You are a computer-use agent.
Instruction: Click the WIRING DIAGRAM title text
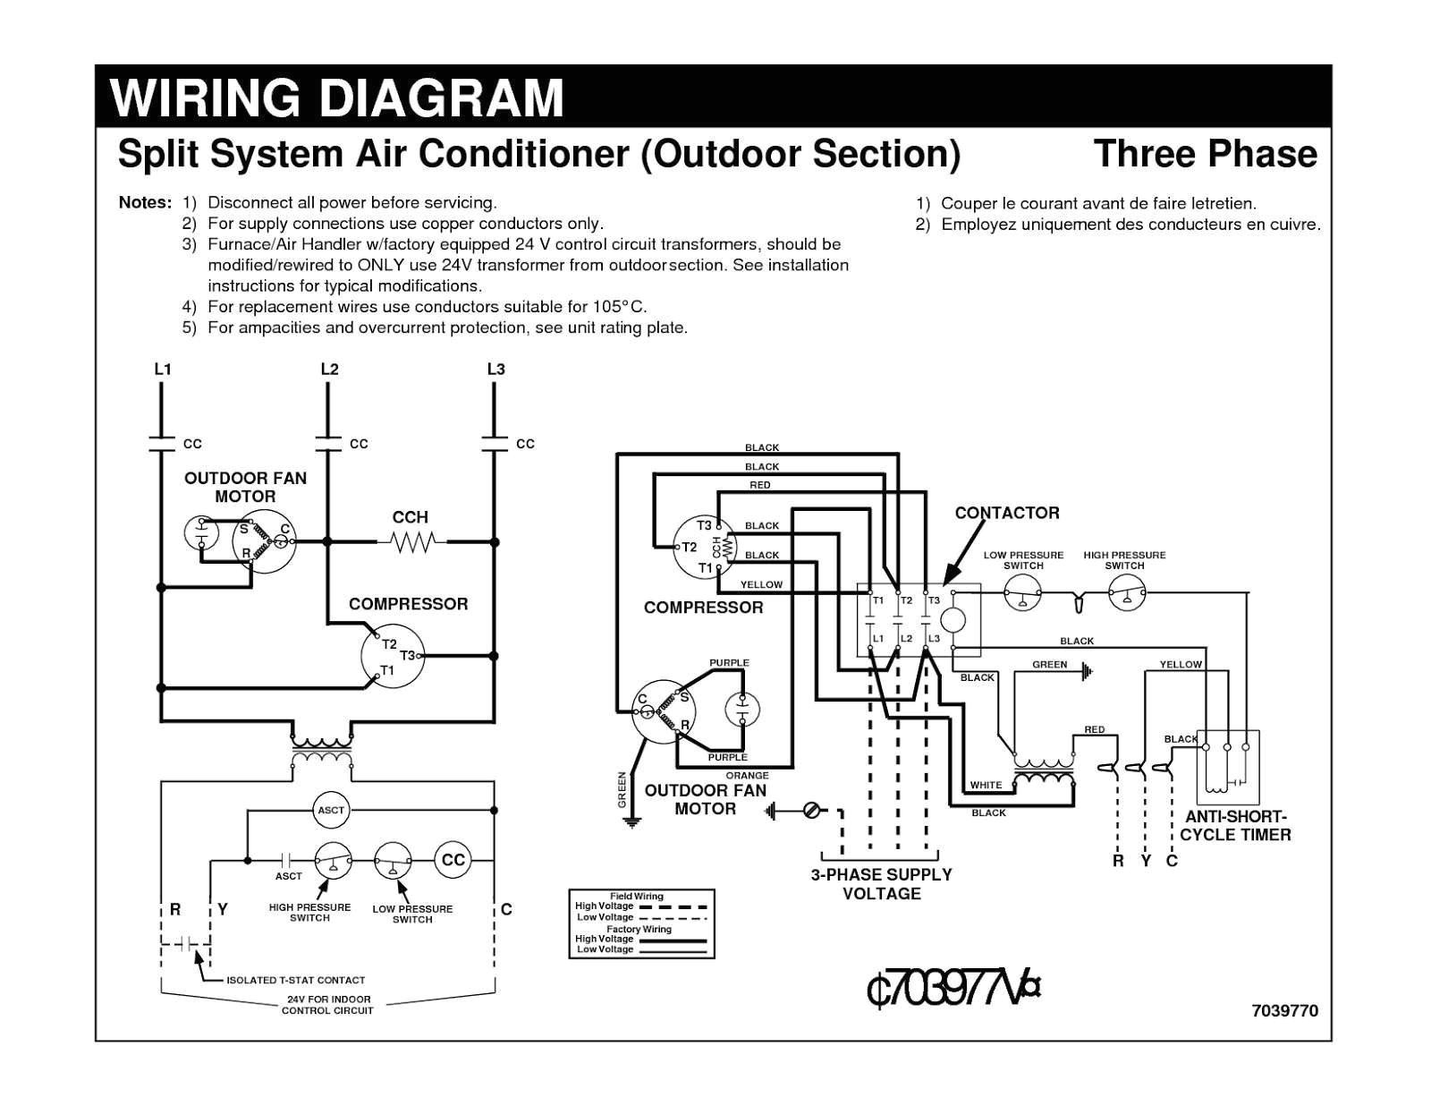point(336,98)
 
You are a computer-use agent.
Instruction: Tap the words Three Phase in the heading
point(1205,154)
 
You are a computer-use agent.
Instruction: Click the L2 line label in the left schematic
point(329,369)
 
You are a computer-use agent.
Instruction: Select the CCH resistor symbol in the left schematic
point(411,541)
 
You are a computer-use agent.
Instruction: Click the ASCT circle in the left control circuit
point(331,810)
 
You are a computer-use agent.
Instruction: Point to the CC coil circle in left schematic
point(453,860)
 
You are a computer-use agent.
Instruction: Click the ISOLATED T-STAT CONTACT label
point(295,980)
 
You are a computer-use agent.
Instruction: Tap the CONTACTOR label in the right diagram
point(1006,513)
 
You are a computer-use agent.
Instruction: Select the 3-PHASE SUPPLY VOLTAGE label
point(881,884)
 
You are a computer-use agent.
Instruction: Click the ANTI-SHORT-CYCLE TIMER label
point(1235,826)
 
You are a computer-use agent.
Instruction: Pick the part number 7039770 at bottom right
point(1284,1011)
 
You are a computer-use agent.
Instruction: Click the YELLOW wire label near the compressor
point(761,584)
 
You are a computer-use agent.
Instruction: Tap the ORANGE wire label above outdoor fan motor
point(747,776)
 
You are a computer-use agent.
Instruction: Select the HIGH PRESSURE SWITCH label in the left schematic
point(309,913)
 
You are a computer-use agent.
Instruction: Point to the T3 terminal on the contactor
point(934,600)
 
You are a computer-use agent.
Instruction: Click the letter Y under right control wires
point(1145,861)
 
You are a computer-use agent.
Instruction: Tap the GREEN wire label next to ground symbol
point(1049,664)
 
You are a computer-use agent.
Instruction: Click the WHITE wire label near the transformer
point(986,785)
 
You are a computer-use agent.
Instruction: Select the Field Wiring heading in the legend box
point(636,896)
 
